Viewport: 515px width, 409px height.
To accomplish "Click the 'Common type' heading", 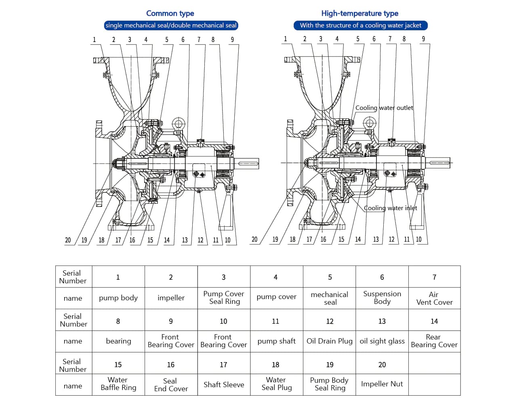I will coord(170,13).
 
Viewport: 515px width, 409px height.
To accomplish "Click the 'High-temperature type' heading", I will coord(359,13).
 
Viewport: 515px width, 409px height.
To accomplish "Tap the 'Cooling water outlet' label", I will coord(384,108).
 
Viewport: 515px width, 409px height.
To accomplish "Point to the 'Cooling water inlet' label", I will coord(390,208).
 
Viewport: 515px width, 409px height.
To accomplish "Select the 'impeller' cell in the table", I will coord(171,298).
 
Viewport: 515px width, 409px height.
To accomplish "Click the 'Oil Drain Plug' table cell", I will coord(329,341).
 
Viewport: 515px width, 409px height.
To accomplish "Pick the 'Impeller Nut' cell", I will coord(382,384).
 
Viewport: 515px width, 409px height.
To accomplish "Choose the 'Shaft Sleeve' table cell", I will coord(224,385).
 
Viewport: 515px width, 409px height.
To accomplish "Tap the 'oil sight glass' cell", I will coord(382,341).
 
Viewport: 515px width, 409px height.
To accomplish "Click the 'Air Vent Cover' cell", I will coord(434,298).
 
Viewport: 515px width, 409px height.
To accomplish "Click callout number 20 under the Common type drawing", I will coord(68,240).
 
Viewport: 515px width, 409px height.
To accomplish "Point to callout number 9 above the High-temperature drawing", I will coord(423,39).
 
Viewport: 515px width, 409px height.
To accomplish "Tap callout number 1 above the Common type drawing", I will coord(95,40).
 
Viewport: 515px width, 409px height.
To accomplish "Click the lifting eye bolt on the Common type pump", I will coord(179,123).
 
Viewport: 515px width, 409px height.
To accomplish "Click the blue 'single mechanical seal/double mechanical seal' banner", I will coord(171,25).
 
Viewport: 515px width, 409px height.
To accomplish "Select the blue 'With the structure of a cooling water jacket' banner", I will coord(360,25).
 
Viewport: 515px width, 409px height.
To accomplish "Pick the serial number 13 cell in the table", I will coord(382,321).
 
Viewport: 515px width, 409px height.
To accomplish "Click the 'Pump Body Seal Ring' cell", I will coord(329,384).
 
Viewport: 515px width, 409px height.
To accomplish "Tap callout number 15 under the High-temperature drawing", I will coord(341,239).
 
